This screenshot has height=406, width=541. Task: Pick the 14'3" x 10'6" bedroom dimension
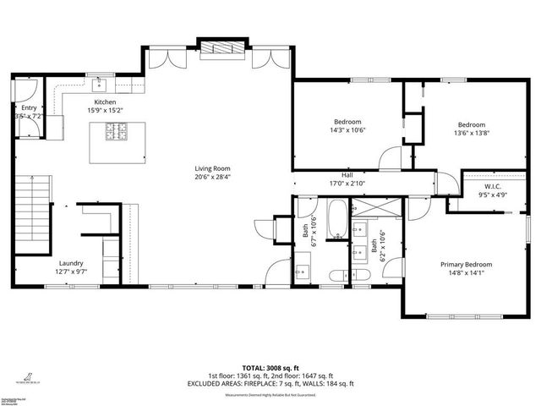tap(347, 130)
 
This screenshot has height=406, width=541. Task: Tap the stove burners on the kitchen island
tap(115, 131)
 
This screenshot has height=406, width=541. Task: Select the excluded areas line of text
tap(270, 383)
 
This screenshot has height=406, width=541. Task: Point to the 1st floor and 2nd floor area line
tap(270, 376)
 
